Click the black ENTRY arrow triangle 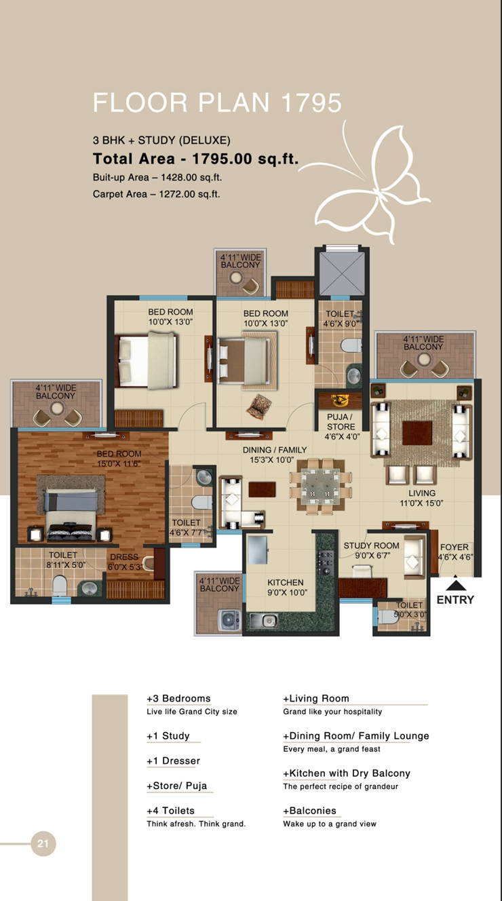tap(455, 583)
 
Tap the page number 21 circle tap(43, 844)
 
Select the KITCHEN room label tap(285, 582)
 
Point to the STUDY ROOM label tap(371, 545)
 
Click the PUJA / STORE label tap(341, 422)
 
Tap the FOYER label tap(455, 548)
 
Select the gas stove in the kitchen tap(326, 560)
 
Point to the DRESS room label tap(124, 557)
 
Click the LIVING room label tap(422, 493)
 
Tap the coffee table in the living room tap(417, 432)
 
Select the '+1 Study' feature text tap(168, 736)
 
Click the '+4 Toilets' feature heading tap(170, 811)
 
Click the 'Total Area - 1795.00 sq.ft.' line tap(195, 159)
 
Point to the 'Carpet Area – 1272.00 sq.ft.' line tap(156, 194)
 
